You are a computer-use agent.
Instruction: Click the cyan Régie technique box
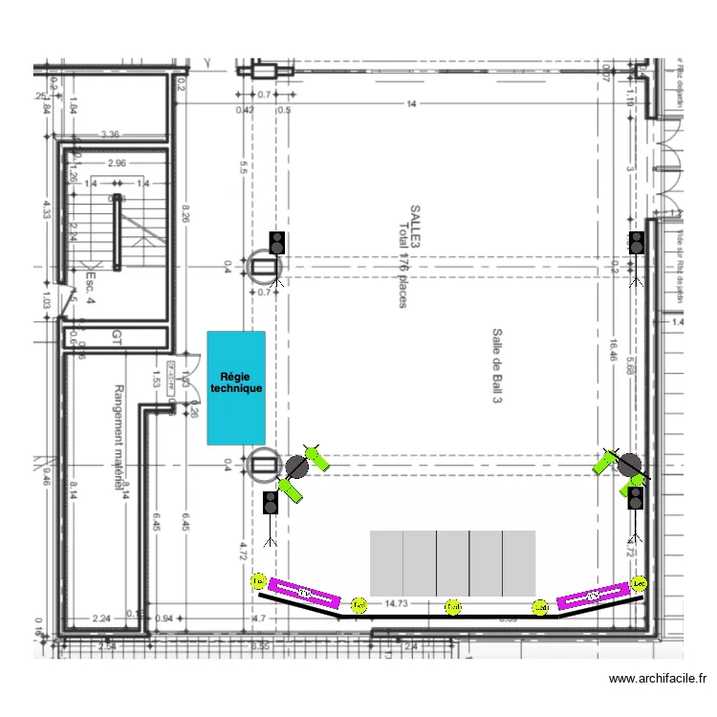click(236, 386)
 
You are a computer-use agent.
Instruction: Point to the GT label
click(117, 337)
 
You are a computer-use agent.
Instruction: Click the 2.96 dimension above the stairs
click(117, 163)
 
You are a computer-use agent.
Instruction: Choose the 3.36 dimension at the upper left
click(110, 135)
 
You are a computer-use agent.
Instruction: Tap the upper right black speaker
click(637, 243)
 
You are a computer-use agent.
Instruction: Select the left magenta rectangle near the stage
click(304, 595)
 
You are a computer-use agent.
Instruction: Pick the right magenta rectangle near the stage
click(593, 597)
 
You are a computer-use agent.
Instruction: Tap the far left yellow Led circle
click(258, 580)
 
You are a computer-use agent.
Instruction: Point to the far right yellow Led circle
click(640, 582)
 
